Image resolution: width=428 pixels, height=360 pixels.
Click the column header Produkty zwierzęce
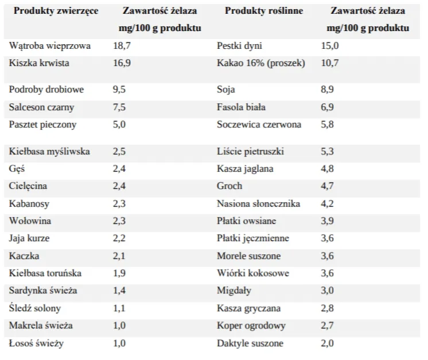pyautogui.click(x=56, y=11)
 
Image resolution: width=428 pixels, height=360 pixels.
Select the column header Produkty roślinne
pyautogui.click(x=264, y=11)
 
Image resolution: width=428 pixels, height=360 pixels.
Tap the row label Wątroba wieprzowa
pyautogui.click(x=50, y=45)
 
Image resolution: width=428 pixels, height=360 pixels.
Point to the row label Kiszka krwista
pyautogui.click(x=39, y=63)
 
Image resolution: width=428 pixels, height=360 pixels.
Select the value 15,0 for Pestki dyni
pyautogui.click(x=330, y=45)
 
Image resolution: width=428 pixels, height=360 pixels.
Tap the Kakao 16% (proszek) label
pyautogui.click(x=261, y=63)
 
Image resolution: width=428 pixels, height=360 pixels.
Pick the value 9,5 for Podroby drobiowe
pyautogui.click(x=120, y=90)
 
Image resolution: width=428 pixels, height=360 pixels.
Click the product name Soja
pyautogui.click(x=226, y=90)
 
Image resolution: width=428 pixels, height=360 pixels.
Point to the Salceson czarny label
pyautogui.click(x=41, y=107)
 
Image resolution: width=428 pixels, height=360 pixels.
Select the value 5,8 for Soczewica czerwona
pyautogui.click(x=327, y=124)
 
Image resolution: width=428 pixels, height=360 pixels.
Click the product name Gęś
pyautogui.click(x=17, y=169)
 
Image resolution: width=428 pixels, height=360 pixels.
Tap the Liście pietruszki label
pyautogui.click(x=250, y=152)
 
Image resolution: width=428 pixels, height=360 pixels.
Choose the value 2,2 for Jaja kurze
pyautogui.click(x=120, y=238)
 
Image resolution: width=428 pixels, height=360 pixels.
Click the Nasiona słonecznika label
pyautogui.click(x=258, y=203)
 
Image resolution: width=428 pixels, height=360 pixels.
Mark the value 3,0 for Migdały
pyautogui.click(x=327, y=291)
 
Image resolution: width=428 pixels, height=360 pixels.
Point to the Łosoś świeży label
pyautogui.click(x=36, y=343)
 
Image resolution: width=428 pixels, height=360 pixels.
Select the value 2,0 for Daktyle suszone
pyautogui.click(x=327, y=343)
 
